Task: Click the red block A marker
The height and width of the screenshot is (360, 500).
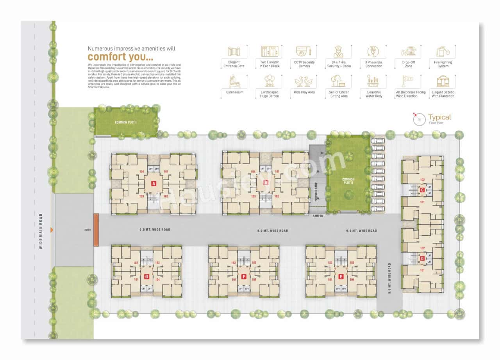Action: click(154, 183)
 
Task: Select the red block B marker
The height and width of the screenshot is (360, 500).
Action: click(266, 183)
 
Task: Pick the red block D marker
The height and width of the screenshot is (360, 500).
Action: click(422, 258)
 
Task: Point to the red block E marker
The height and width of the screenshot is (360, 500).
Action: click(341, 277)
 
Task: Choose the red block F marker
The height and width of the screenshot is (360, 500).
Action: click(244, 277)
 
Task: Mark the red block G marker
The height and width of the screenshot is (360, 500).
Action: click(146, 277)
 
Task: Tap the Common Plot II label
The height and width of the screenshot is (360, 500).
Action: click(348, 181)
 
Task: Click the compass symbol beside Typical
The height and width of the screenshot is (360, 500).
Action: click(419, 119)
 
